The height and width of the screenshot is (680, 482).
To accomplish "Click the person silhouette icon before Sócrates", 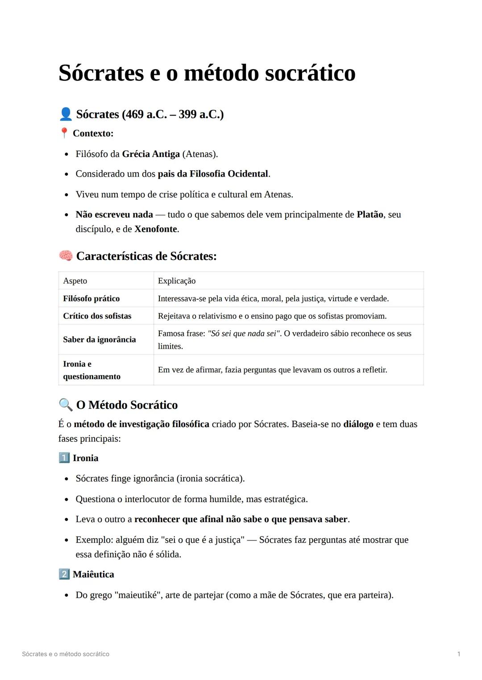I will click(x=66, y=114).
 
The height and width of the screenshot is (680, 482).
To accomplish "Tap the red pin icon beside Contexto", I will click(x=64, y=133).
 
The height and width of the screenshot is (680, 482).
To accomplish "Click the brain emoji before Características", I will click(x=66, y=256).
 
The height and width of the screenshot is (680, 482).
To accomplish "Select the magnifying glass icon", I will click(x=66, y=404).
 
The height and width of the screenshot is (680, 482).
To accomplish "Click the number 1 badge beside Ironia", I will click(x=64, y=458).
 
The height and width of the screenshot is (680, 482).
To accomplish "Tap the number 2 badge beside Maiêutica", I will click(x=64, y=574).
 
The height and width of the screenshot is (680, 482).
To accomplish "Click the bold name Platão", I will click(x=370, y=214).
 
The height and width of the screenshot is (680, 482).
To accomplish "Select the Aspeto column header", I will click(x=75, y=281).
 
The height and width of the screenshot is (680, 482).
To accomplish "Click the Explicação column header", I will click(x=177, y=281).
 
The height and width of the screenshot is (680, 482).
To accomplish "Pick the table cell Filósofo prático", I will click(x=91, y=298).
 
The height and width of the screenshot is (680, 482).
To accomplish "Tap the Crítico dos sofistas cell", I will click(x=97, y=316).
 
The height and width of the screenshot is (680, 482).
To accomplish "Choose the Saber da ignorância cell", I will click(x=100, y=339).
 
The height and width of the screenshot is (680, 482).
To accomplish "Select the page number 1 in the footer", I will click(x=459, y=654).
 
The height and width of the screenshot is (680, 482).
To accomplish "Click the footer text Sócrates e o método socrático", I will click(x=66, y=654).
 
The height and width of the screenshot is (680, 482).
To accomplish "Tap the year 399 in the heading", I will click(x=187, y=114).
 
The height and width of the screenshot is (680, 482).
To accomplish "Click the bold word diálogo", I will click(x=358, y=424).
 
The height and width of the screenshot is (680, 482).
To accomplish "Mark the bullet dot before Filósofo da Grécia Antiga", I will click(x=66, y=155).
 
